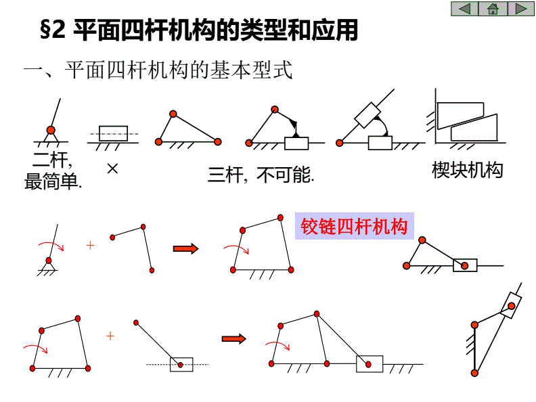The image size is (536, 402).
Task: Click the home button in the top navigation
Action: click(492, 9)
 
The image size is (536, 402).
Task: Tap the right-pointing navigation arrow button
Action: click(520, 9)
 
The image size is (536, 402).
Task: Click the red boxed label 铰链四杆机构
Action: click(355, 226)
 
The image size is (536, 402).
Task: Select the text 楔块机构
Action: click(468, 170)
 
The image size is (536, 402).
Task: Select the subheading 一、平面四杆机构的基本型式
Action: click(158, 70)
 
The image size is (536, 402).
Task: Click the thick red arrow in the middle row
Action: click(185, 248)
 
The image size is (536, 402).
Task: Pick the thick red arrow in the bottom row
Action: click(233, 338)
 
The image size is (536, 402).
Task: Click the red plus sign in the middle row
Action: click(90, 245)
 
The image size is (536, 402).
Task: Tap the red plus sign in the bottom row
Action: click(110, 336)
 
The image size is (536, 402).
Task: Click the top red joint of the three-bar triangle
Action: click(173, 113)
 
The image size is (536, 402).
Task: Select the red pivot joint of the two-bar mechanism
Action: click(51, 129)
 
